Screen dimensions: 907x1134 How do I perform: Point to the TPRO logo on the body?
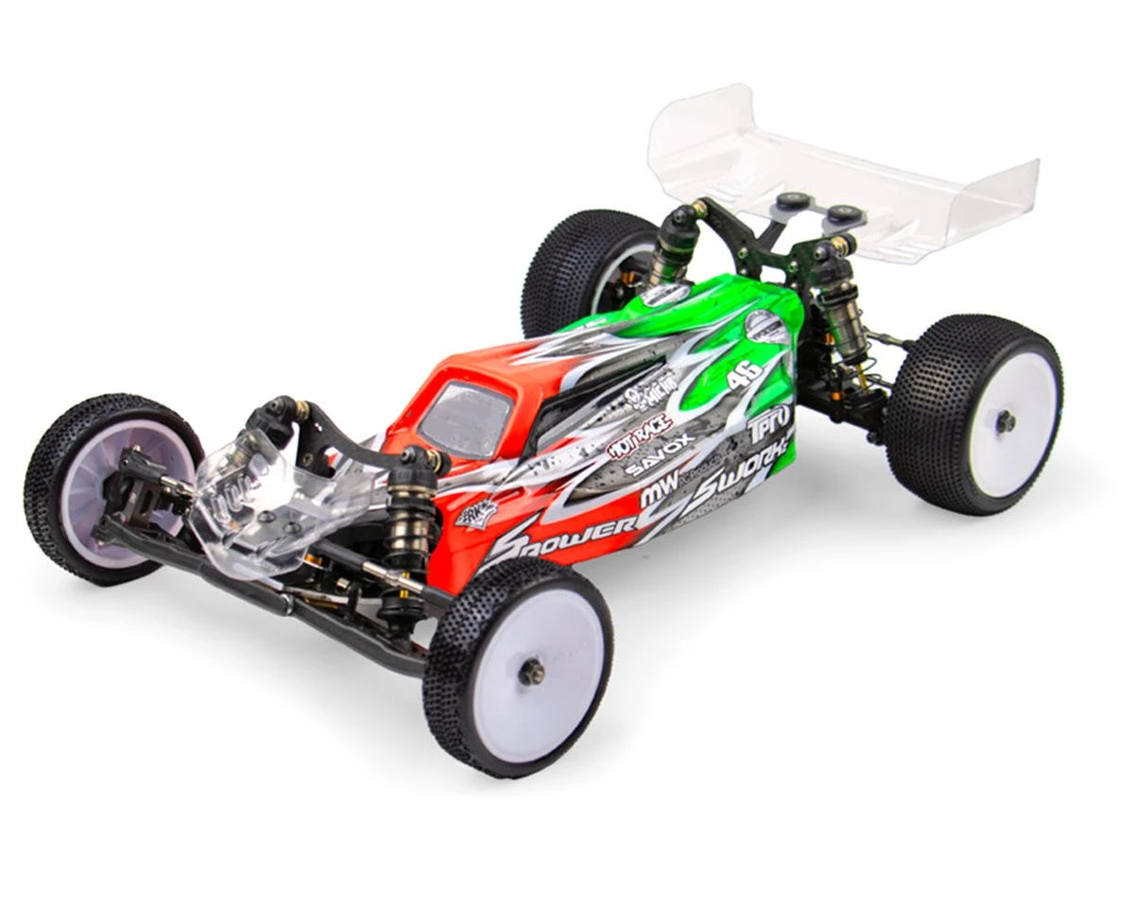(770, 424)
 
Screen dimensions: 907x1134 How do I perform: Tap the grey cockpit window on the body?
(465, 417)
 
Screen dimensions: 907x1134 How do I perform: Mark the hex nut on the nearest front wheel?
(531, 672)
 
